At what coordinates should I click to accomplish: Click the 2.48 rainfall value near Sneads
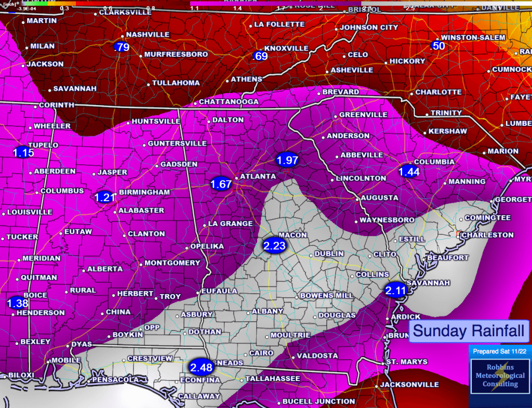pyautogui.click(x=202, y=367)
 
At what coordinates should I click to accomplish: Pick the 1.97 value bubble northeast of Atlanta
pyautogui.click(x=287, y=160)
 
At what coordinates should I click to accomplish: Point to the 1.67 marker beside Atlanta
pyautogui.click(x=221, y=183)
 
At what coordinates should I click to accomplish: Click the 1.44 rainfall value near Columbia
pyautogui.click(x=408, y=171)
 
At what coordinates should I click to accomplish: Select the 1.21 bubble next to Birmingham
pyautogui.click(x=104, y=197)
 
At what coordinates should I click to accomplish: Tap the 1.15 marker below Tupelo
pyautogui.click(x=23, y=153)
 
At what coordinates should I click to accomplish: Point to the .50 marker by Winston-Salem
pyautogui.click(x=438, y=46)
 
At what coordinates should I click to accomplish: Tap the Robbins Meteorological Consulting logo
pyautogui.click(x=499, y=379)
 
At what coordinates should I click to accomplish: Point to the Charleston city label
pyautogui.click(x=487, y=235)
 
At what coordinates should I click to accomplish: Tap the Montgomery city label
pyautogui.click(x=172, y=263)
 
